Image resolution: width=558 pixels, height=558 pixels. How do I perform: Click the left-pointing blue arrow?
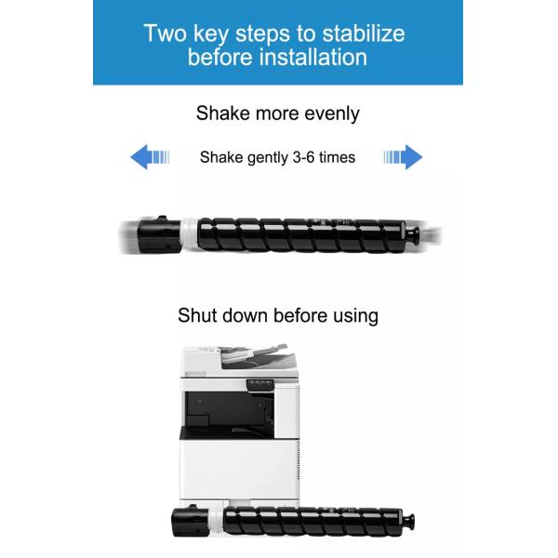(x=150, y=157)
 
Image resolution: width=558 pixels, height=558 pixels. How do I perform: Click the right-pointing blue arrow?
(x=404, y=157)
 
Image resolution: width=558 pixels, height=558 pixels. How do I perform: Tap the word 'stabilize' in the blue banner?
(x=364, y=33)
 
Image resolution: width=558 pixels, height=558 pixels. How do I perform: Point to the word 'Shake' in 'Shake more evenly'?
(x=223, y=113)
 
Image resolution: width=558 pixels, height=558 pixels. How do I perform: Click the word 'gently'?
(x=268, y=158)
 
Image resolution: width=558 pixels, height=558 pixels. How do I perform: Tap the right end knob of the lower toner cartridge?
(x=408, y=521)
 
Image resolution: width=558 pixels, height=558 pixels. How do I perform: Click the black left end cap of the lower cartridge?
(x=191, y=521)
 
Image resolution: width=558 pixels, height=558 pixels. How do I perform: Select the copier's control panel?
(x=260, y=385)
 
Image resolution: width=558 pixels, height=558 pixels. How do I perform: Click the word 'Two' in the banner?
(x=165, y=33)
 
